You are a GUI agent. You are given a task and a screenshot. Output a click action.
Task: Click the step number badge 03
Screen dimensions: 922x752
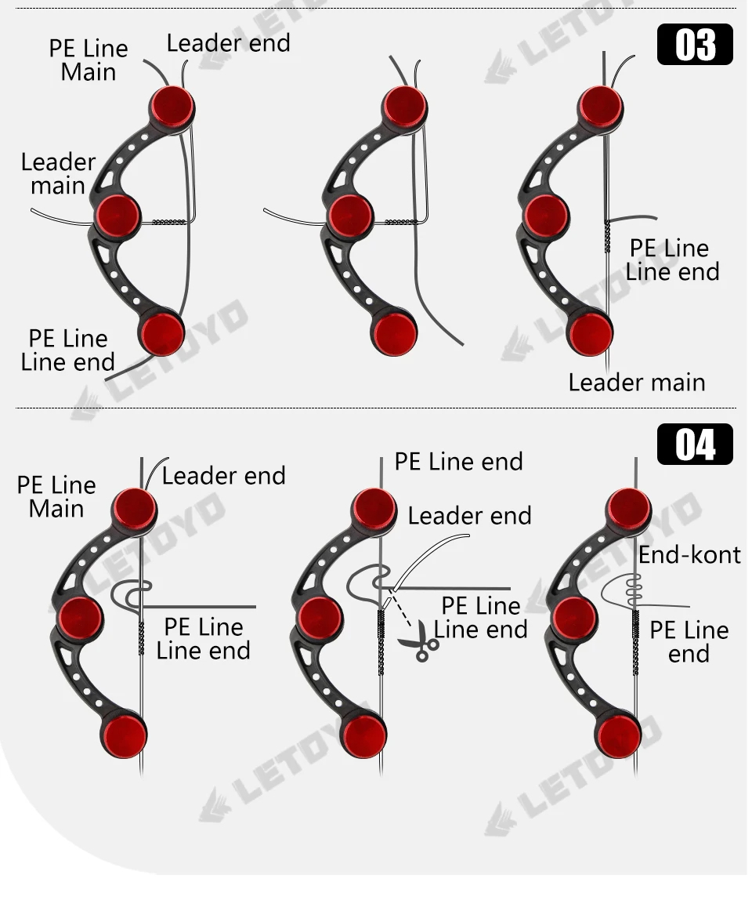click(x=694, y=44)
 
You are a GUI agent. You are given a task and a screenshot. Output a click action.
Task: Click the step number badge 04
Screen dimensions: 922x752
click(x=694, y=445)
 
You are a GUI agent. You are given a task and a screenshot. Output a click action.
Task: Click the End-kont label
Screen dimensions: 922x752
click(x=689, y=554)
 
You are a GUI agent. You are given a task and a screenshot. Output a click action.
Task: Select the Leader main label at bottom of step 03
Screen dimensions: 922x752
click(x=636, y=383)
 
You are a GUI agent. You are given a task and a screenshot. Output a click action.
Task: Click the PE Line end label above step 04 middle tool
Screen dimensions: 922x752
click(x=458, y=461)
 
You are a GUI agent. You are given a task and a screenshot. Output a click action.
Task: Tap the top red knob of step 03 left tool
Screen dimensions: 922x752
click(x=172, y=105)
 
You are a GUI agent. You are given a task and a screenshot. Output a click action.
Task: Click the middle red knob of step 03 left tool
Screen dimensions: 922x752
click(x=118, y=213)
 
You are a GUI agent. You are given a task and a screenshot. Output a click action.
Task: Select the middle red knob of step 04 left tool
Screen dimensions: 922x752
click(x=80, y=617)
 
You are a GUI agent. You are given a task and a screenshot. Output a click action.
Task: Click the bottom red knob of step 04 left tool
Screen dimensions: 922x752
click(x=124, y=735)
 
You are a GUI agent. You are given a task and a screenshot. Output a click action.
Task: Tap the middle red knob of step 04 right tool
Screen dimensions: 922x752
click(x=575, y=617)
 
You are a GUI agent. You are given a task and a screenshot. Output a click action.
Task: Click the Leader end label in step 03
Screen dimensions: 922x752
click(x=228, y=43)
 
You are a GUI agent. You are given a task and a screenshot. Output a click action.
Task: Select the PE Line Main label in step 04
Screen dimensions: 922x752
click(x=56, y=496)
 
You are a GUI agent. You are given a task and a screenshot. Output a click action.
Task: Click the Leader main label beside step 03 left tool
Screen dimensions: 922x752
click(x=58, y=173)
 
